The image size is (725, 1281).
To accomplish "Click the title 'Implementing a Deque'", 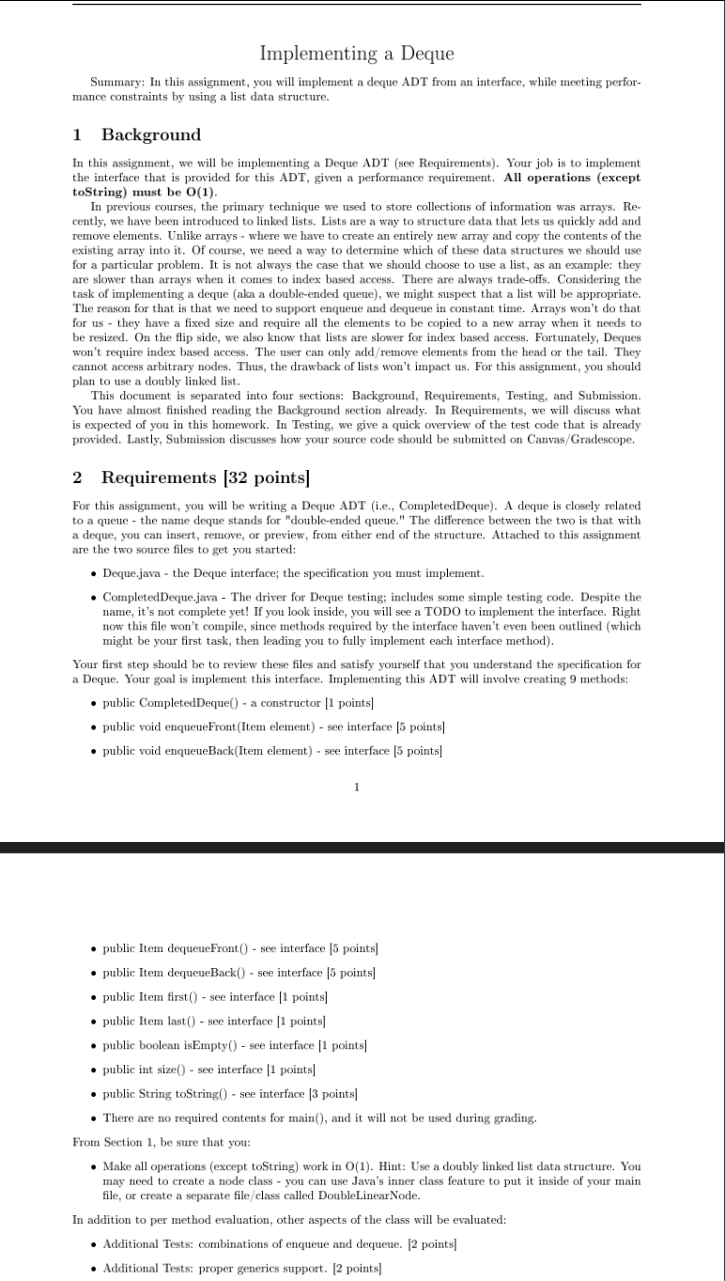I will point(356,54).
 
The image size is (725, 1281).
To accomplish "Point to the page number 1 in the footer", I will point(356,787).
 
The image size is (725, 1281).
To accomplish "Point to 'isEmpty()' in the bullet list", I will point(211,1045).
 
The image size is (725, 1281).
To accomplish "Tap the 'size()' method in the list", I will point(187,1070).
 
